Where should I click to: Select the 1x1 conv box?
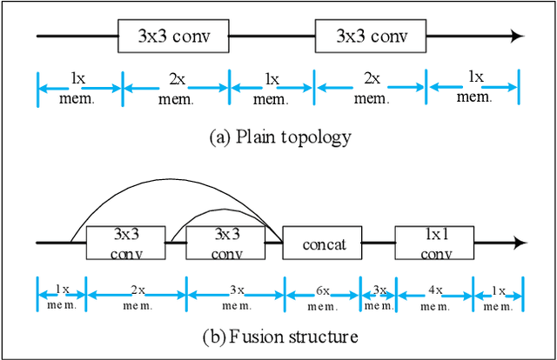[434, 243]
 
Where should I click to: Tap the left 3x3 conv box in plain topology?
[173, 37]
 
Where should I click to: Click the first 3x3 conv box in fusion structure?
[126, 243]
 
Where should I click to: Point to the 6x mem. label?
[321, 297]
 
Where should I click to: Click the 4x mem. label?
[434, 297]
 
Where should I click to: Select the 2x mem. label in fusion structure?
[137, 297]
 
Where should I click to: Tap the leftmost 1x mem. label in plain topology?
[78, 87]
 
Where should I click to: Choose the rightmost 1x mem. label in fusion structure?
[496, 297]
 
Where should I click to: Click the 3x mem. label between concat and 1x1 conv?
[379, 297]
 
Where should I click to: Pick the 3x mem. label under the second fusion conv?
[236, 297]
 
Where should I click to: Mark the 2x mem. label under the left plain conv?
[176, 87]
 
